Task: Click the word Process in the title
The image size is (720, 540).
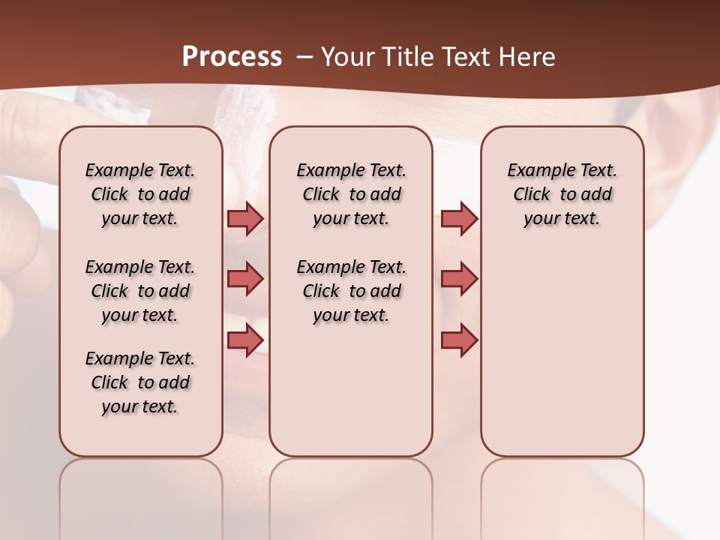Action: pyautogui.click(x=232, y=57)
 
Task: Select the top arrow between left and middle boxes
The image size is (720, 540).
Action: pyautogui.click(x=245, y=219)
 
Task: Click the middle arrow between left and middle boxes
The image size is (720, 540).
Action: pyautogui.click(x=245, y=279)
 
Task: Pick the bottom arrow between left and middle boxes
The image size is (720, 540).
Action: pyautogui.click(x=245, y=340)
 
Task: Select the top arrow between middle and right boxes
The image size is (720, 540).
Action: pyautogui.click(x=459, y=219)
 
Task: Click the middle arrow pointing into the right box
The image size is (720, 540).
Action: pyautogui.click(x=459, y=279)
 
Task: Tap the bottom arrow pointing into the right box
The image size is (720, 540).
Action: pyautogui.click(x=459, y=340)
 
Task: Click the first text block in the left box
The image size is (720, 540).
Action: pyautogui.click(x=140, y=194)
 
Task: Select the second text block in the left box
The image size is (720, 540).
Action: pyautogui.click(x=140, y=291)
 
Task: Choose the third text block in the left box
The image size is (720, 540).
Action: pyautogui.click(x=140, y=382)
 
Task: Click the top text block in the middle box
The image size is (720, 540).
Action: pyautogui.click(x=351, y=194)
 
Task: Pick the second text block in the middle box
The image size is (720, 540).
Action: pyautogui.click(x=351, y=291)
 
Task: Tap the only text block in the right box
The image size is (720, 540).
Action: pyautogui.click(x=562, y=194)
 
